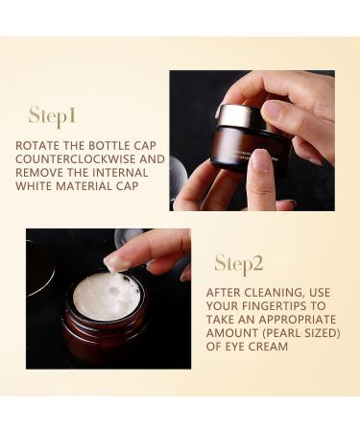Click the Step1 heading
point(52,116)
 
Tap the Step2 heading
point(239,264)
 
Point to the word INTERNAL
point(120,173)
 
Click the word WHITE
point(34,186)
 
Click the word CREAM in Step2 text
point(268,347)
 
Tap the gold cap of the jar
point(234,115)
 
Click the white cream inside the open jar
point(107,297)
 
